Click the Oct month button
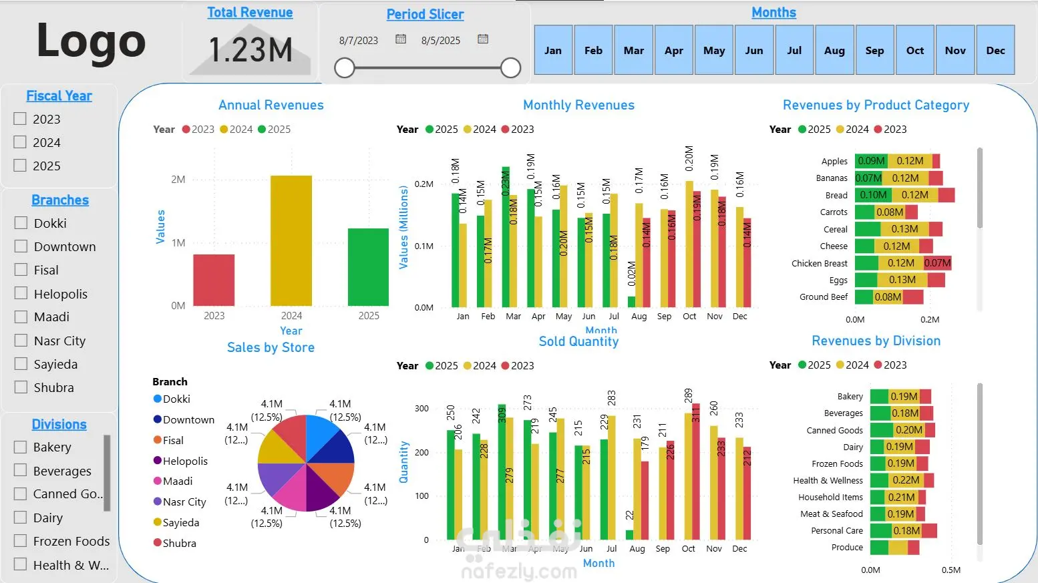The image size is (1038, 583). click(x=914, y=50)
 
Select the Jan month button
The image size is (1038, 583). click(x=553, y=50)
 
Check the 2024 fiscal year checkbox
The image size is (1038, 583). click(x=21, y=142)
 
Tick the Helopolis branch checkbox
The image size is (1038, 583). click(x=21, y=293)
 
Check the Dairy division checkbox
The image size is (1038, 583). click(x=21, y=518)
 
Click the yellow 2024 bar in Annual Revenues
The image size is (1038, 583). click(x=291, y=240)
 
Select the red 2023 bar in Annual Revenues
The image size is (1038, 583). click(x=214, y=280)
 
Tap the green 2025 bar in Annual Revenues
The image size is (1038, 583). click(x=368, y=266)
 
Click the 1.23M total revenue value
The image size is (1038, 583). click(x=250, y=50)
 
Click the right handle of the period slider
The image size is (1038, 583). click(x=510, y=67)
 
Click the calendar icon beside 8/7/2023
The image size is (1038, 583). click(x=401, y=39)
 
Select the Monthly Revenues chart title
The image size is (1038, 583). click(x=578, y=105)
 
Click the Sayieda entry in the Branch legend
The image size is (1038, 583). click(x=180, y=522)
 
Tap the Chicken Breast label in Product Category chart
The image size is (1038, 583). click(x=819, y=263)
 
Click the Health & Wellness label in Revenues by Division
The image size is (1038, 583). click(x=828, y=480)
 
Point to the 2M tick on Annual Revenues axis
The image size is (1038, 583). click(x=178, y=179)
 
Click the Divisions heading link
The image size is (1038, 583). click(x=59, y=424)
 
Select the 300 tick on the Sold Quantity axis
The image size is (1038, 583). click(x=421, y=408)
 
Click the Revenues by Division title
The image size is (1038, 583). click(x=876, y=341)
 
